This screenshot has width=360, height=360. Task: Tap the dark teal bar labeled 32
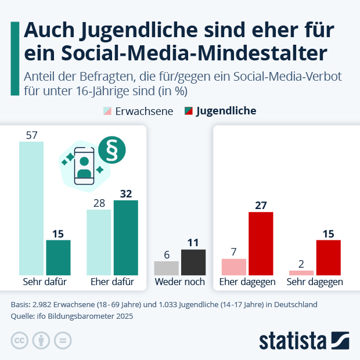click(125, 237)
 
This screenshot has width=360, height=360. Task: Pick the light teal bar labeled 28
click(99, 242)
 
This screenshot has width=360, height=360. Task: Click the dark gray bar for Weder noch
click(193, 262)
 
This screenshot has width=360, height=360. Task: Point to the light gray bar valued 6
click(166, 268)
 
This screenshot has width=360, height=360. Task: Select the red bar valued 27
click(261, 243)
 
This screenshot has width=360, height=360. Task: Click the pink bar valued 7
click(234, 267)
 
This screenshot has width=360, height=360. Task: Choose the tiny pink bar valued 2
click(301, 272)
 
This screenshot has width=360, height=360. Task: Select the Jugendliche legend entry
click(220, 111)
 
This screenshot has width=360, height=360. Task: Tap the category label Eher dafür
click(112, 282)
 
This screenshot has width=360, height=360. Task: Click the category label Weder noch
click(179, 282)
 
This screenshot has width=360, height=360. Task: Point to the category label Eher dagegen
click(247, 282)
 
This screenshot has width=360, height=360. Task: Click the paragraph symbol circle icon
click(111, 150)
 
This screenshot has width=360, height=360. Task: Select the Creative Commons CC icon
click(20, 340)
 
